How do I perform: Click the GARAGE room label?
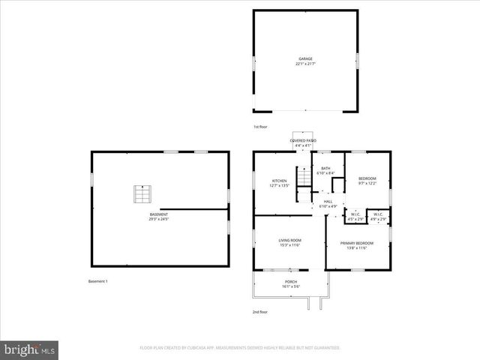point(305,58)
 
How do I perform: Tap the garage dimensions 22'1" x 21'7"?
point(305,64)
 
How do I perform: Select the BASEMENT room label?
point(158,214)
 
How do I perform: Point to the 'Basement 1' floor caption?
point(98,281)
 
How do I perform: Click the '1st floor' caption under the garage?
point(260,127)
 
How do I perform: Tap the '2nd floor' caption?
point(260,311)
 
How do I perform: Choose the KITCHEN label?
point(279,181)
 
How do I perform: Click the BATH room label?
point(325,169)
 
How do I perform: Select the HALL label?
point(328,201)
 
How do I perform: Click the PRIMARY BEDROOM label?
point(356,243)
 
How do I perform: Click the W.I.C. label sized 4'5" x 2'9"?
point(355,214)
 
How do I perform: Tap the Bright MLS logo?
point(30,349)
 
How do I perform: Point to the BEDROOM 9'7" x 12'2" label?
point(367,178)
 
